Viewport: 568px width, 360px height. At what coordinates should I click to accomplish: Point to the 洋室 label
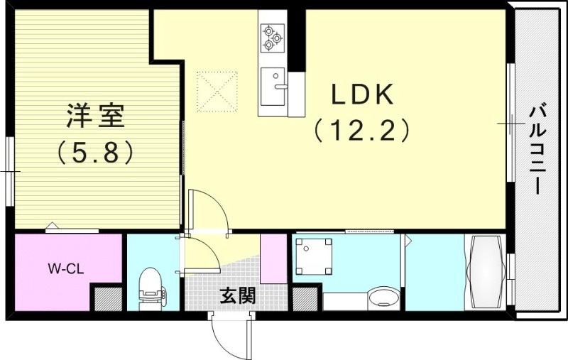[96, 116]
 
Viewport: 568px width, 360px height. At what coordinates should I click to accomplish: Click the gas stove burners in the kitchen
[272, 37]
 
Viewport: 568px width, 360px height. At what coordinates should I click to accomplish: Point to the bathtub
[484, 272]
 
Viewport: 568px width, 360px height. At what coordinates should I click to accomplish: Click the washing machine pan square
[314, 256]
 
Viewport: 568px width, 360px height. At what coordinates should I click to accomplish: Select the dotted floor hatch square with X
[217, 90]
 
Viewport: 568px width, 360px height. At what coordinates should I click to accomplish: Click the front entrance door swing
[229, 334]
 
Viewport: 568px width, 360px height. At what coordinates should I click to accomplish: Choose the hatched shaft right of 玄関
[305, 298]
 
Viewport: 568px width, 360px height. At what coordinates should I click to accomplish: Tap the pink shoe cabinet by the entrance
[273, 257]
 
